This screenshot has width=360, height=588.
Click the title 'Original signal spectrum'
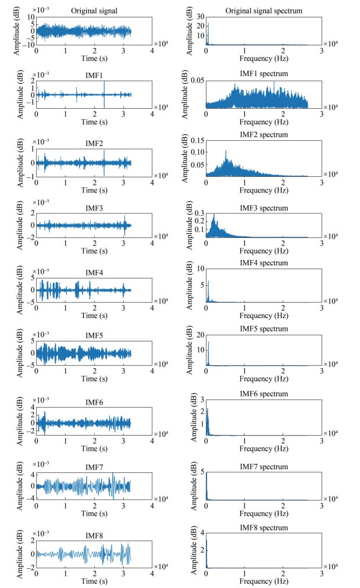(264, 12)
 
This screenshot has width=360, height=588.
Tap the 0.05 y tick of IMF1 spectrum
(198, 80)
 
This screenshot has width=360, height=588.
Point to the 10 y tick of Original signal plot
(30, 17)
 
